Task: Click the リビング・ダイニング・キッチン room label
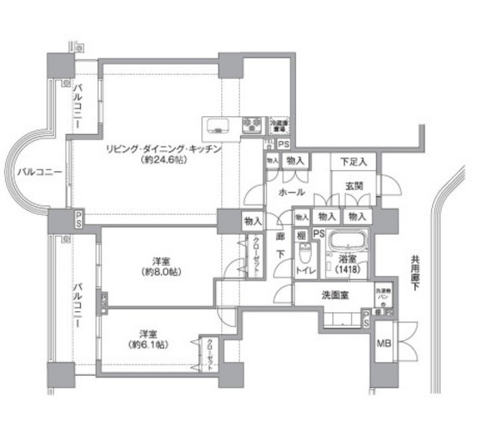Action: point(164,149)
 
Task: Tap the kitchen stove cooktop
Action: point(254,126)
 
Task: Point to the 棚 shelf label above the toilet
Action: point(302,234)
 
